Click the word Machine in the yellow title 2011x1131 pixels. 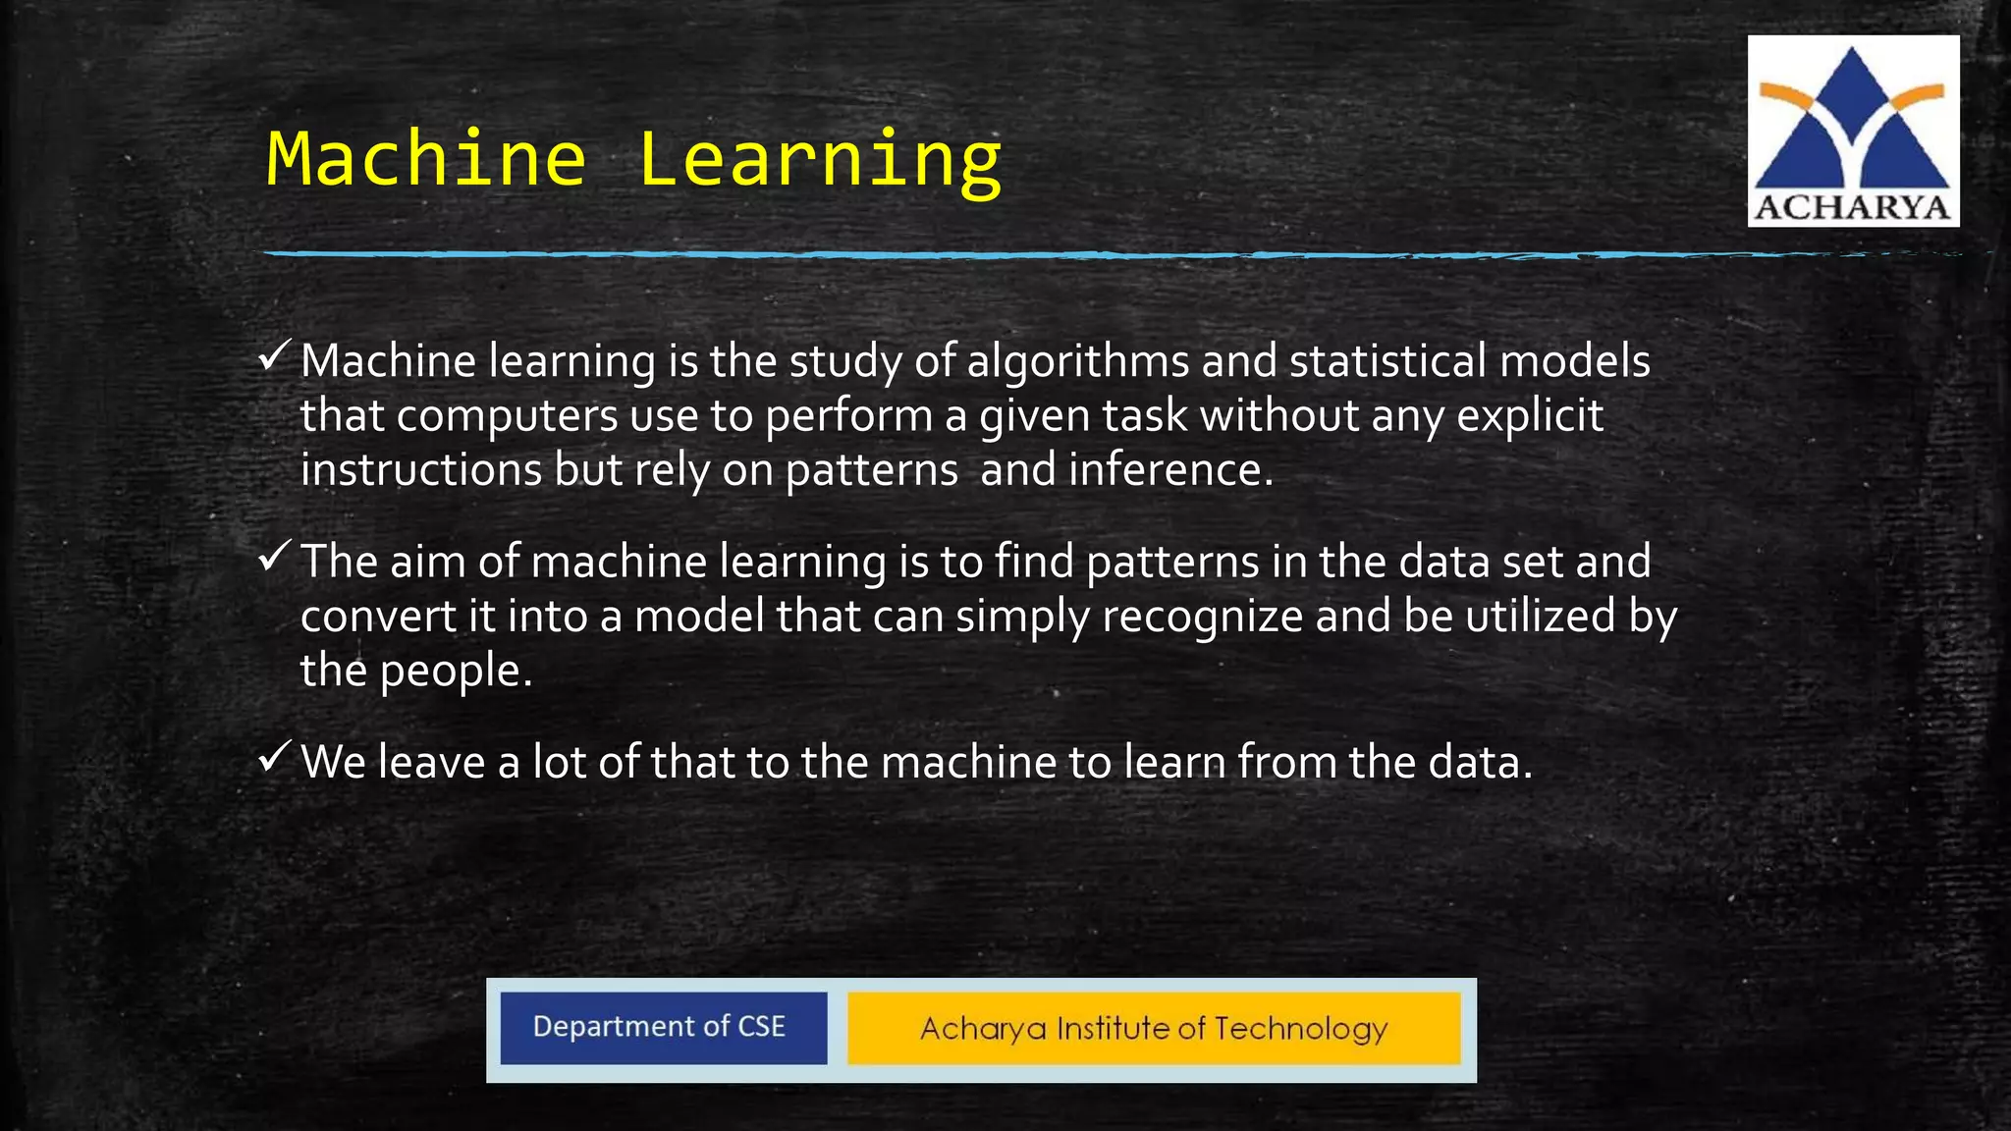click(426, 159)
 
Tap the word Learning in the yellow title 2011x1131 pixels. click(820, 161)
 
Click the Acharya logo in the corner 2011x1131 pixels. click(1852, 118)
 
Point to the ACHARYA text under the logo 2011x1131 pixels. click(1852, 208)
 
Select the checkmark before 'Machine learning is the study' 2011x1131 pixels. click(274, 354)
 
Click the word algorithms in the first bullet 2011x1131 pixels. click(1077, 362)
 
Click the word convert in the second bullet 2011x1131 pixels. click(378, 618)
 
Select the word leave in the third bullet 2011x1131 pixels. click(432, 762)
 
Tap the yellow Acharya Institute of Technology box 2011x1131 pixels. click(1154, 1028)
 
